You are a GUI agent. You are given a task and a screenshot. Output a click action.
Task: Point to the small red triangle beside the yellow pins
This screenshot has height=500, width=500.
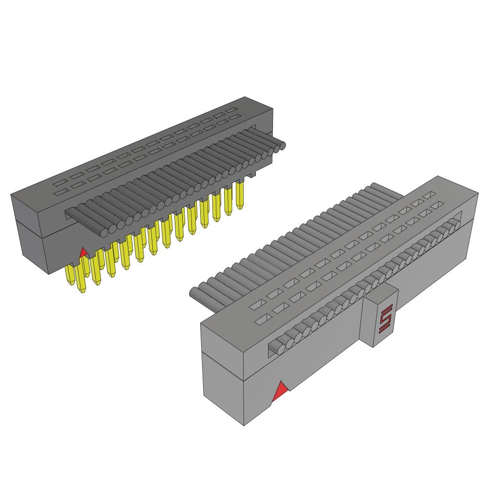[x=83, y=252]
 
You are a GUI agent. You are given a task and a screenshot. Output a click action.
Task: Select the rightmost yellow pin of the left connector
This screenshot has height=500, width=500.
[x=239, y=195]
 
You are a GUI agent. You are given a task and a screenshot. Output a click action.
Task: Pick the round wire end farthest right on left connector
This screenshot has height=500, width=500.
[x=281, y=146]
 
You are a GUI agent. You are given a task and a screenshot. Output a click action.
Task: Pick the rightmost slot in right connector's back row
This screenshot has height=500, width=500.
[x=429, y=195]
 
